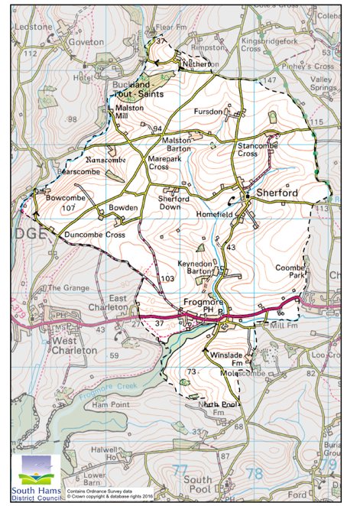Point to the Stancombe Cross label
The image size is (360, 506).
[x=258, y=149]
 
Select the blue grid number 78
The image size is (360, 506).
[x=254, y=473]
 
